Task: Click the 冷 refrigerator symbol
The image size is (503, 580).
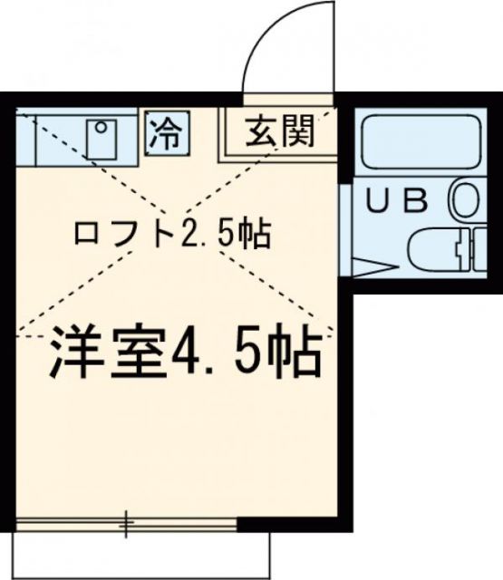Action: click(166, 135)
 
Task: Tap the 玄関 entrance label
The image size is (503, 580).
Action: click(278, 133)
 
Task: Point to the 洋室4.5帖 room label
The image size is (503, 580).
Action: click(181, 354)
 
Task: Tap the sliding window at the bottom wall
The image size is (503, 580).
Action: click(127, 523)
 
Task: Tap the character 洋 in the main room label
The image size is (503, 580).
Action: click(72, 354)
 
